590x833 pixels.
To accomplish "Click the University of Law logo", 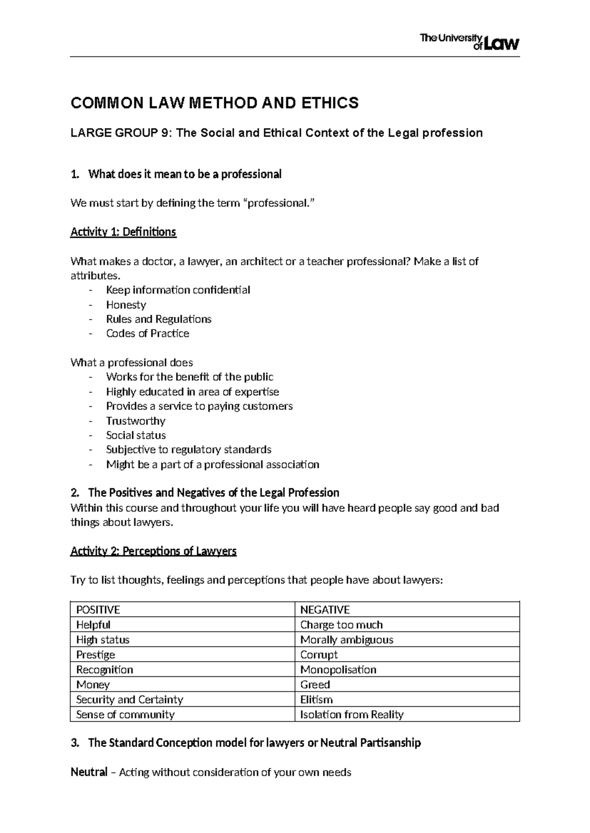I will coord(469,42).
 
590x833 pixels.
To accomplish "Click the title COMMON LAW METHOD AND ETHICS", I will coord(215,103).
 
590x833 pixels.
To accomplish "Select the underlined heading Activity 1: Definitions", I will coord(123,232).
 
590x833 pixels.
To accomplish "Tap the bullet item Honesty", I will coord(126,305).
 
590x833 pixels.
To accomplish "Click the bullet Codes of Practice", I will coord(147,333).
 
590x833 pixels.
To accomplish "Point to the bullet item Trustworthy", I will coord(136,421).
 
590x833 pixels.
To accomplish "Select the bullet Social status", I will coord(136,435).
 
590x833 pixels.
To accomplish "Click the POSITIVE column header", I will coord(98,610).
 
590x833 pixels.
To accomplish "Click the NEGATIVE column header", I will coord(324,610).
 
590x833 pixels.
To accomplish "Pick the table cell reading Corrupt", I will coord(319,655).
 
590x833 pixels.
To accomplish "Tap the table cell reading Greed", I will coord(315,685).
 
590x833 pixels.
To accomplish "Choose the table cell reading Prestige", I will coord(95,655).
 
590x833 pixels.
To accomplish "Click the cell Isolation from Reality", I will coord(352,715).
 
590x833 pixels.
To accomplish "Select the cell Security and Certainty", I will coord(129,699).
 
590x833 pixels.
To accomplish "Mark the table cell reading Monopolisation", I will coord(338,669).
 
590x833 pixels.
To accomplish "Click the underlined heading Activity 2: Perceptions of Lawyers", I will coord(153,551).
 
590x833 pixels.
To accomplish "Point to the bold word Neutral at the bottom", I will coord(88,772).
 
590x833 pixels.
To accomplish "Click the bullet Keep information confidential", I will coord(178,290).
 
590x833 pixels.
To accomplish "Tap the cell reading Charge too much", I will coord(341,625).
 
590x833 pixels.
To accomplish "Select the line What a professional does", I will coord(132,362).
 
